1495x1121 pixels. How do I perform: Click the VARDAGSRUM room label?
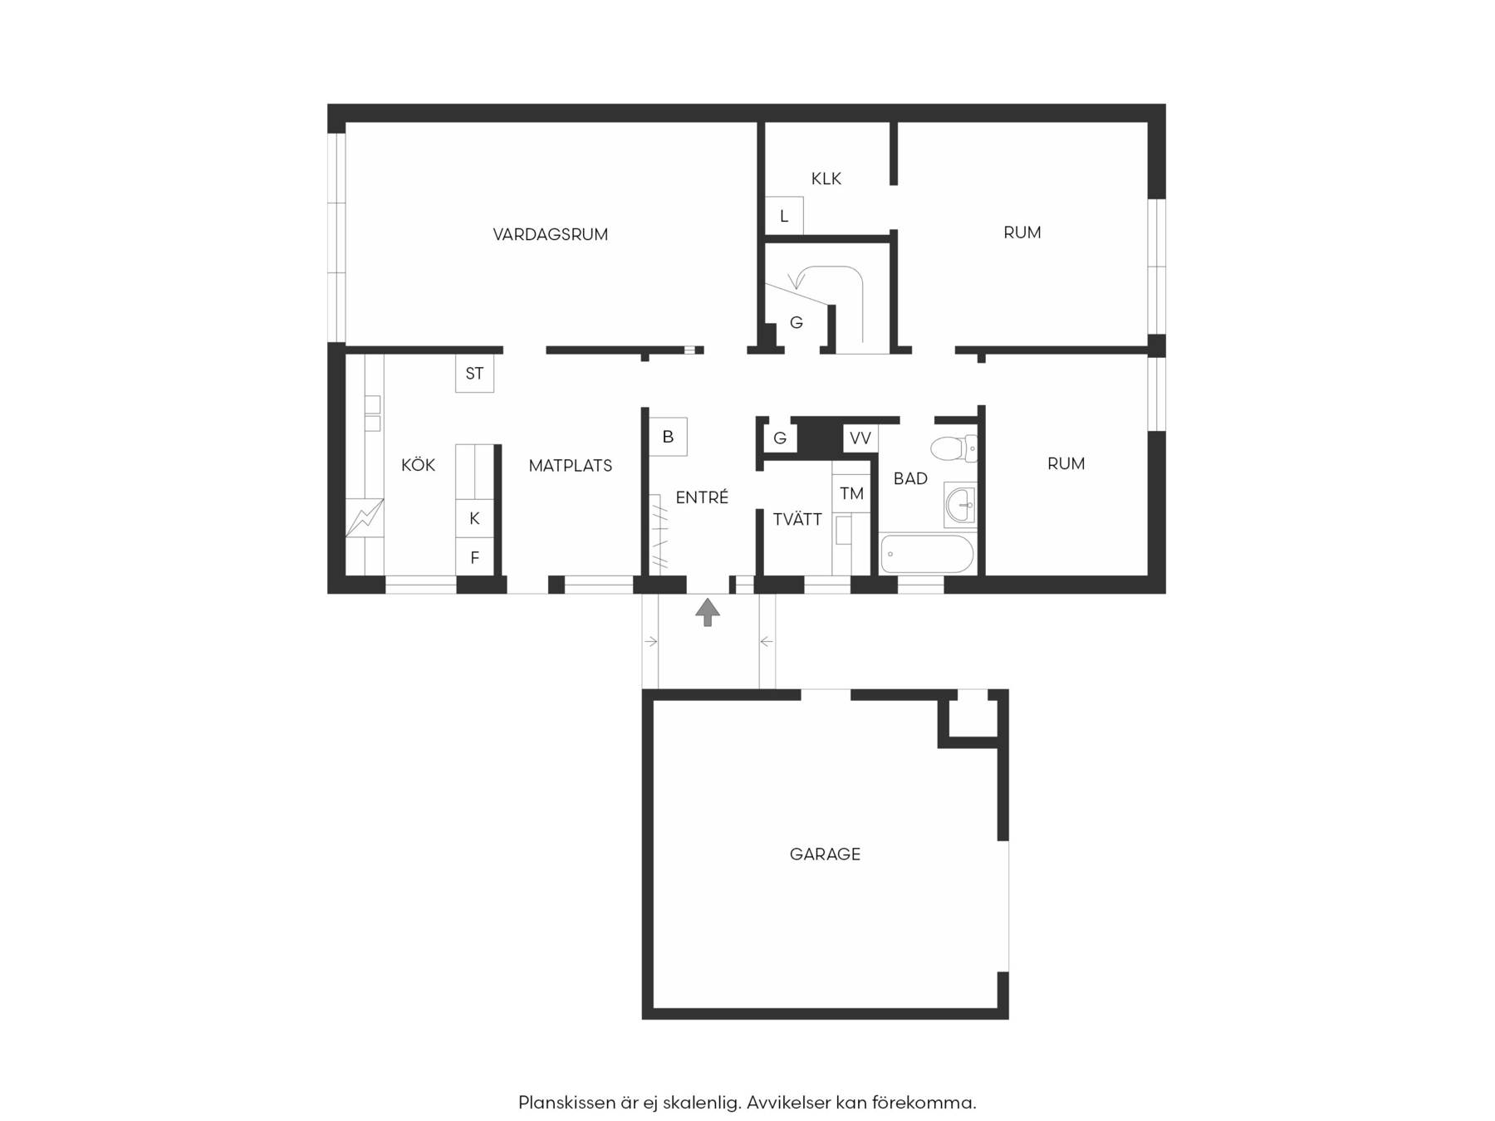pos(550,234)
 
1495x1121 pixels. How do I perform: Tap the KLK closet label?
pos(826,179)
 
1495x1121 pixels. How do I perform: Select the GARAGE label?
pos(825,854)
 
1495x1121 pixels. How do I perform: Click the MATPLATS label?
pos(571,466)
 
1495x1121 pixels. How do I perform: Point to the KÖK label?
pos(418,464)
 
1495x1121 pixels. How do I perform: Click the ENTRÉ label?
pos(702,497)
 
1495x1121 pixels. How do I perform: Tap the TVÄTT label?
pos(797,519)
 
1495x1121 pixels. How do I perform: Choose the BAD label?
pos(910,478)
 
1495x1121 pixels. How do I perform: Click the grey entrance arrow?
pos(708,612)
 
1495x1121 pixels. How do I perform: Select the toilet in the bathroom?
pos(953,448)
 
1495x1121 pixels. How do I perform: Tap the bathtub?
pos(927,554)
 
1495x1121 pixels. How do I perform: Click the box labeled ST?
pos(474,374)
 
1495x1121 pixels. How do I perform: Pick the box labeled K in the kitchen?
pos(474,518)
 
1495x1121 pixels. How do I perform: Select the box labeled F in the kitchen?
pos(474,556)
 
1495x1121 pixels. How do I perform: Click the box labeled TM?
pos(851,494)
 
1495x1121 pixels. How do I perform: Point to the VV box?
pos(860,438)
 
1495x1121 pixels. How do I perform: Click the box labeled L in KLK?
pos(784,216)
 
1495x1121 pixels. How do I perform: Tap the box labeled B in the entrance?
pos(668,437)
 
